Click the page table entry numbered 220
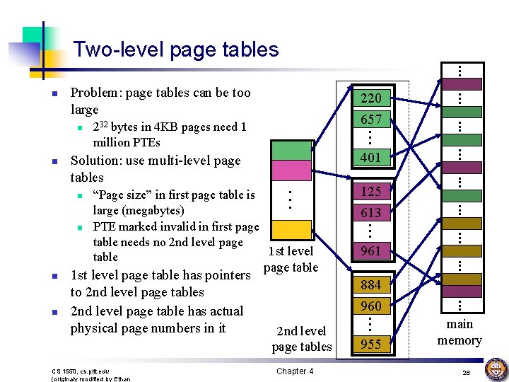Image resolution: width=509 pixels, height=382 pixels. coord(370,98)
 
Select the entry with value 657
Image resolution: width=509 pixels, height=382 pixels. coord(370,119)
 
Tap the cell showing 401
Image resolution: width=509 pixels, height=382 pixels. coord(370,158)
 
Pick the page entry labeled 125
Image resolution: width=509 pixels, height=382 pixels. coord(370,191)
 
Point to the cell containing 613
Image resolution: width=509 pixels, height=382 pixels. coord(370,212)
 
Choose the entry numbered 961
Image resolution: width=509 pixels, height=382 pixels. coord(370,250)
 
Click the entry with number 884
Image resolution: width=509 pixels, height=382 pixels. coord(370,285)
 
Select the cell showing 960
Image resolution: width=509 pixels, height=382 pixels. coord(370,306)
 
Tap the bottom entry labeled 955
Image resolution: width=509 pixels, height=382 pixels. coord(370,345)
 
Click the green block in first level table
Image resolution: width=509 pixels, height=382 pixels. coord(291,150)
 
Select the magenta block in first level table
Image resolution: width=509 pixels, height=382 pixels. coord(291,170)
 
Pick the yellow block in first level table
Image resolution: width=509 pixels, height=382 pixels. coord(291,229)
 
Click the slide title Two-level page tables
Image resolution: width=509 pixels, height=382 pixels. coord(176,50)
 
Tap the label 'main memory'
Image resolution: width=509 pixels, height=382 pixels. coord(460,332)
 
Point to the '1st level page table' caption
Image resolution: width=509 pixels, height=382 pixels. coord(291,259)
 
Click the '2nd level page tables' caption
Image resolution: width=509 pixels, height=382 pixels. coord(301,338)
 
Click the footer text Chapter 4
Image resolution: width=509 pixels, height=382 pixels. coord(295,371)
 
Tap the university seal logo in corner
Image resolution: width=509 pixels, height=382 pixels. coord(494,369)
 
